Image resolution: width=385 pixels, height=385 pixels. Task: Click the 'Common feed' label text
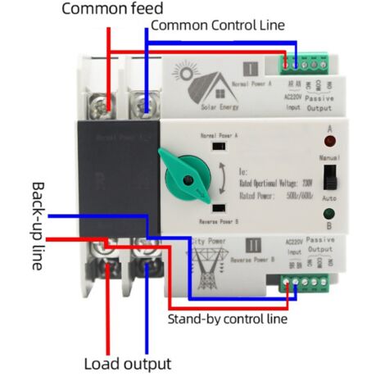[x=113, y=10]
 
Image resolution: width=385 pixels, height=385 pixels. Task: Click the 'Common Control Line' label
[x=217, y=25]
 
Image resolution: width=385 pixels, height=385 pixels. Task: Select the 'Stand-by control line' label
[x=227, y=319]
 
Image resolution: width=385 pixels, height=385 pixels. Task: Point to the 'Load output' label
[x=128, y=364]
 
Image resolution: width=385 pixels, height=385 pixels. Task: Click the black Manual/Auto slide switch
[x=328, y=175]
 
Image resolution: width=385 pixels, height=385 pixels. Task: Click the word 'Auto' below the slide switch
[x=329, y=199]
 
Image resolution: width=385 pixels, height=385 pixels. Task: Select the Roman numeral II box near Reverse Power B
[x=251, y=242]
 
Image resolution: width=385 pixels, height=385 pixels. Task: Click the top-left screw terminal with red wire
[x=102, y=102]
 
